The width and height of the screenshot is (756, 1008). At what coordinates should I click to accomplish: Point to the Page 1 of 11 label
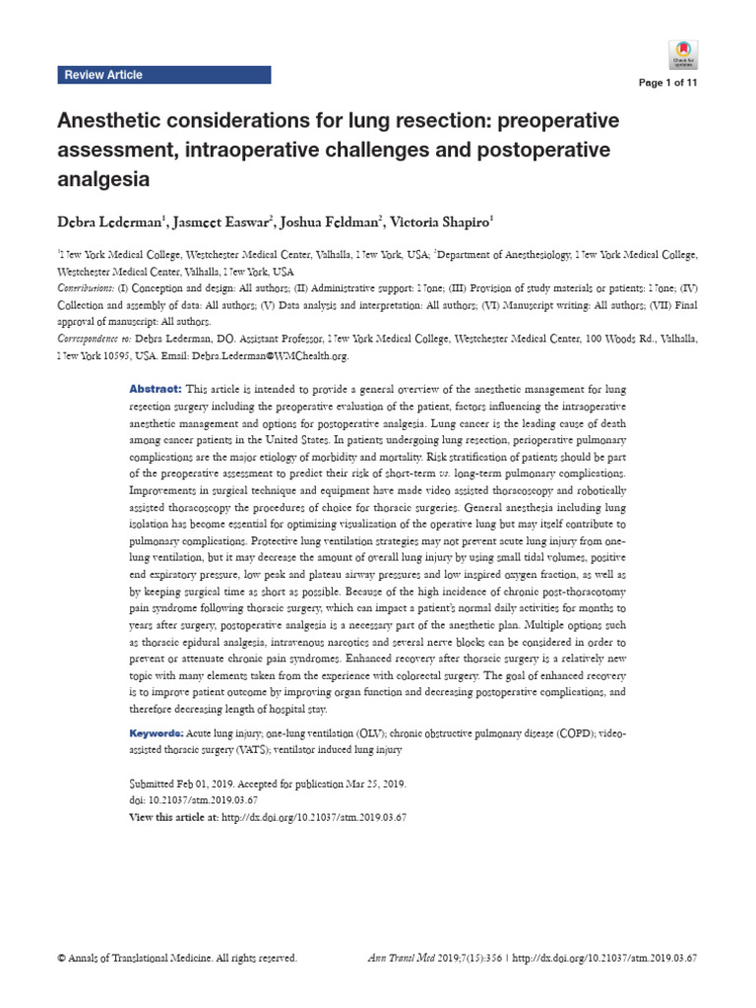pyautogui.click(x=668, y=83)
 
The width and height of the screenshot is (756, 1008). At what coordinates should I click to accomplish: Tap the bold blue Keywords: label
pyautogui.click(x=157, y=735)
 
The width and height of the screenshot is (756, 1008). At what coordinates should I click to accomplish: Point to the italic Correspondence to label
pyautogui.click(x=94, y=339)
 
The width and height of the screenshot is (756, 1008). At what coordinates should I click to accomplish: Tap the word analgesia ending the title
pyautogui.click(x=104, y=180)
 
